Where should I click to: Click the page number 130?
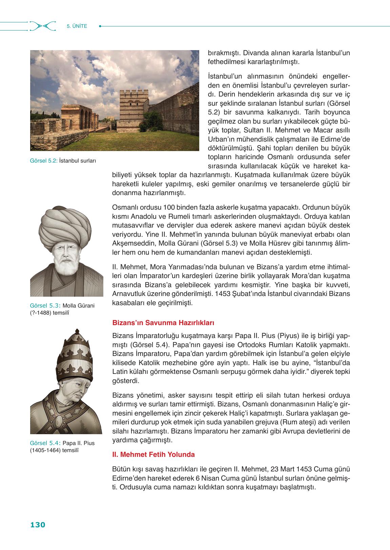38,525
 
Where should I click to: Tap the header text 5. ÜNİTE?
77,26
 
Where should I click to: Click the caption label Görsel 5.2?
44,161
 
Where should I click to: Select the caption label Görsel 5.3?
45,305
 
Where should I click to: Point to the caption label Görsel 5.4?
45,443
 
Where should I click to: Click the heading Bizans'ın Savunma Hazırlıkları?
163,323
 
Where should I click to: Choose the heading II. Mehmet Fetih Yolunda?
153,454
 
